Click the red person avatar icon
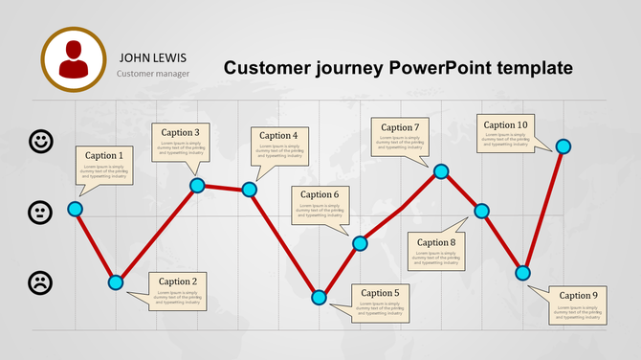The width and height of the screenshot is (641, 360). tap(75, 59)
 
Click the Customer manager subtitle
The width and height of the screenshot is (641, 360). tap(153, 73)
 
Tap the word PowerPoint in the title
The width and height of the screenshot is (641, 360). tap(441, 68)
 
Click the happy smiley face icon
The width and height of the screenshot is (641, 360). tap(41, 142)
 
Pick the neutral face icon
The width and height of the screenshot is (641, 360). tap(41, 212)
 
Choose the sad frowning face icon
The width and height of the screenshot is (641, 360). tap(41, 282)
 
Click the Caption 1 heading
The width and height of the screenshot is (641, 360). tap(104, 155)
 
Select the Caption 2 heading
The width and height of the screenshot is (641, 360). tap(178, 281)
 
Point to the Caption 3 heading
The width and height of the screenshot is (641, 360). tap(180, 133)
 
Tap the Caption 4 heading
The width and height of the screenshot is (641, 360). tap(278, 136)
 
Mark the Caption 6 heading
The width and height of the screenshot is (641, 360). tap(320, 194)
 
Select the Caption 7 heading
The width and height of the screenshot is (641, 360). tap(400, 127)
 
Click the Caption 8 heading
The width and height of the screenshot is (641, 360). tap(436, 242)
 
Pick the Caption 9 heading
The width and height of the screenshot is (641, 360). tap(578, 296)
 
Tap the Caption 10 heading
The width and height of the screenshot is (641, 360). tap(505, 124)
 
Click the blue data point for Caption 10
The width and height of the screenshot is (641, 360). tap(564, 146)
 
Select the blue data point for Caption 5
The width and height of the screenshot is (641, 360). tap(319, 297)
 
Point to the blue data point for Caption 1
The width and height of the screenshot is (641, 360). tap(75, 209)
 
